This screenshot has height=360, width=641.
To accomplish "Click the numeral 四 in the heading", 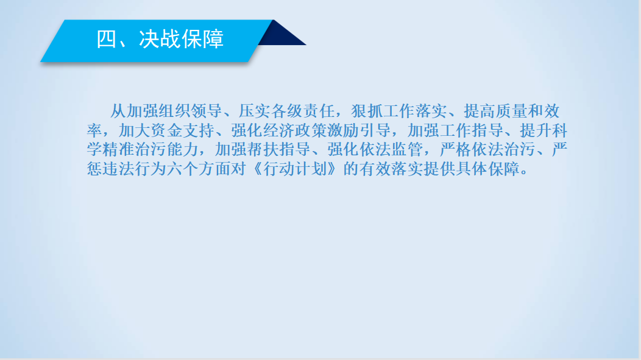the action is [x=106, y=39].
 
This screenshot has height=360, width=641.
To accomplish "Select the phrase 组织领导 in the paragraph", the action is [x=189, y=111].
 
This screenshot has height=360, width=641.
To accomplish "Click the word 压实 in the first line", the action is [x=254, y=111].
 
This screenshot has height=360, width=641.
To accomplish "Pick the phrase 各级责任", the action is [x=302, y=111].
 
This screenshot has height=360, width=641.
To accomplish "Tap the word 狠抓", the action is [x=366, y=111].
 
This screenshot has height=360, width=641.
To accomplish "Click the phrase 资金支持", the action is [x=182, y=130].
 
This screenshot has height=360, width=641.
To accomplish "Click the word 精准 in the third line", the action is [x=119, y=150].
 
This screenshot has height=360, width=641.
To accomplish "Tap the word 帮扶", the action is [x=263, y=150].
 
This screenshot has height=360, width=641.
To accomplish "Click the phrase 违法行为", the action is [x=135, y=169].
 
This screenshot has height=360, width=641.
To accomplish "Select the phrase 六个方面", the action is [x=199, y=169].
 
